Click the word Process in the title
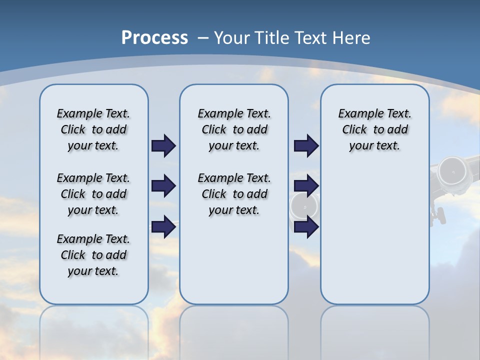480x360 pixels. (x=154, y=38)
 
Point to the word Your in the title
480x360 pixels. (x=232, y=38)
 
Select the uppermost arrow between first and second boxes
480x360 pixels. (x=163, y=145)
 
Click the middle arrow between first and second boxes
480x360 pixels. (x=163, y=186)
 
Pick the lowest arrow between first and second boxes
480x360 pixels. (x=163, y=226)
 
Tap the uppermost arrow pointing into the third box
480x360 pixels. (x=306, y=145)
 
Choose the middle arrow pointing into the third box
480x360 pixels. (x=306, y=186)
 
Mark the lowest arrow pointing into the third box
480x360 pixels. (x=306, y=226)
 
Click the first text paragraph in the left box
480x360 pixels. (x=93, y=129)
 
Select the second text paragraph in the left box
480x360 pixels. (x=93, y=194)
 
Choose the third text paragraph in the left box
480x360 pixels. (x=93, y=255)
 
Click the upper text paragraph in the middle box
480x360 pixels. (x=234, y=129)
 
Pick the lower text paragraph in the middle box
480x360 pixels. (x=234, y=194)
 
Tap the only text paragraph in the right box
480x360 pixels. (x=374, y=129)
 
